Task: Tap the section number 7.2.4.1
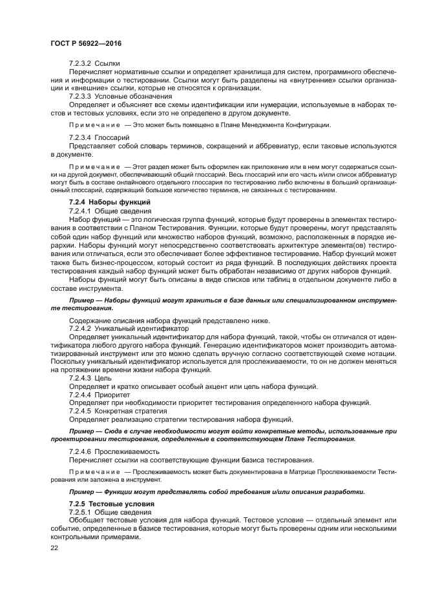[x=80, y=211]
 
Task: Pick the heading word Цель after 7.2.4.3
[x=105, y=379]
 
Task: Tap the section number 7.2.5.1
[x=80, y=511]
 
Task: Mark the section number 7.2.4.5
[x=80, y=411]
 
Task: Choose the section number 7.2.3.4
[x=80, y=138]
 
